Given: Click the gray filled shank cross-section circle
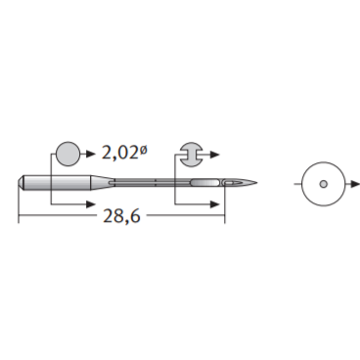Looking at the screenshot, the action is [x=68, y=154].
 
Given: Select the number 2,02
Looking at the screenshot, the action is [x=120, y=153].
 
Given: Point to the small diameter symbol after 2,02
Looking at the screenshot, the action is [x=143, y=150].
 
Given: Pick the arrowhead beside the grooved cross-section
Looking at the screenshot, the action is [x=215, y=155].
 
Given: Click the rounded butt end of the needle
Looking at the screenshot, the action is [x=21, y=183].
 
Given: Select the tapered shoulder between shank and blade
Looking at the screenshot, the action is [x=102, y=183].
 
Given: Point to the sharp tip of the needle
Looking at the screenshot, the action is [x=257, y=183].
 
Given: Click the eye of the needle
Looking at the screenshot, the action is [x=231, y=183].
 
